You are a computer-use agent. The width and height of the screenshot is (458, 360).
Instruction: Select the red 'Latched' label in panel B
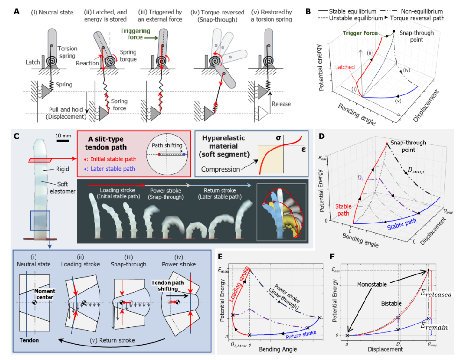(x=344, y=67)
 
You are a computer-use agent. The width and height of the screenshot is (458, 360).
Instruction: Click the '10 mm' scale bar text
(x=64, y=136)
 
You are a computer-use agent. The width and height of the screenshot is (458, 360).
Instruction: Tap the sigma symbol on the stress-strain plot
(x=278, y=138)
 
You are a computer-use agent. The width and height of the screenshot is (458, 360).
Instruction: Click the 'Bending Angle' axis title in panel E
(x=276, y=350)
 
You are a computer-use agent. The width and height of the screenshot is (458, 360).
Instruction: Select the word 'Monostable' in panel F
(x=372, y=283)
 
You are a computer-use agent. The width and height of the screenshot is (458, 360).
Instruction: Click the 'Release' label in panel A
(x=281, y=104)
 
